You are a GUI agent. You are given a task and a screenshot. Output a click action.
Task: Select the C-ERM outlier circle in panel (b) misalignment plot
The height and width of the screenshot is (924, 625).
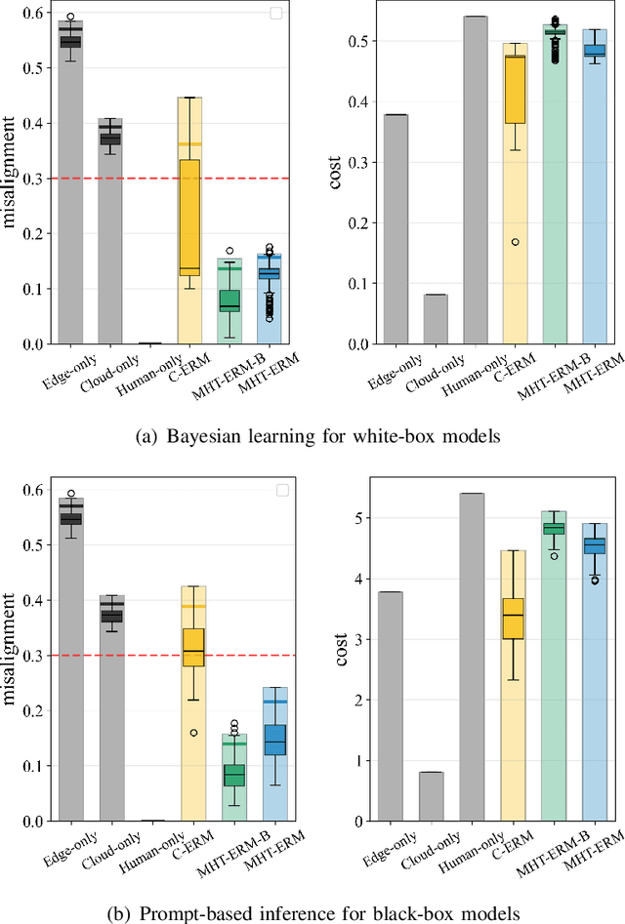[x=193, y=732]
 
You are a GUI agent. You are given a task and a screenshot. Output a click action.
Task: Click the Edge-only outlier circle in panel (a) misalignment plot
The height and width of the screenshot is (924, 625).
[x=70, y=18]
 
